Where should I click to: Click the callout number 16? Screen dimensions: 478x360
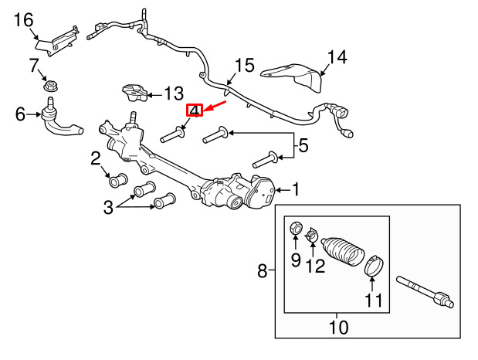[x=23, y=20]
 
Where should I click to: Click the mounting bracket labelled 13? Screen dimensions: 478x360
[x=134, y=93]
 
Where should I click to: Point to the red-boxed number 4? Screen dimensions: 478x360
[x=195, y=110]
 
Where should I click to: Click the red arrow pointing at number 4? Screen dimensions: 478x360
[x=215, y=106]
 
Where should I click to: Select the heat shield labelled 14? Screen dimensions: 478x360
[x=292, y=77]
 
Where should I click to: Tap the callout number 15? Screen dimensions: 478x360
[x=245, y=66]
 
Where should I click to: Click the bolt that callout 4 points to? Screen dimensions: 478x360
[x=173, y=135]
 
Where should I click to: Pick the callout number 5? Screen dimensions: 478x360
[x=303, y=145]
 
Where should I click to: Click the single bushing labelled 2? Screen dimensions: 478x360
[x=118, y=180]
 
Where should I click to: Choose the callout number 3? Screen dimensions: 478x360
[x=108, y=208]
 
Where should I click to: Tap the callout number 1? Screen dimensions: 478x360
[x=296, y=189]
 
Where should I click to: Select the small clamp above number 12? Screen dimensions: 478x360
[x=311, y=235]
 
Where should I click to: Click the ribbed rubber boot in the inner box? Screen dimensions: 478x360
[x=342, y=253]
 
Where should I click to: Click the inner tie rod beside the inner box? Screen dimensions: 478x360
[x=425, y=292]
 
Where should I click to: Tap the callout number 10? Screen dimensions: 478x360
[x=338, y=327]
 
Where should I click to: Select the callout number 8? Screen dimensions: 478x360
[x=263, y=270]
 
